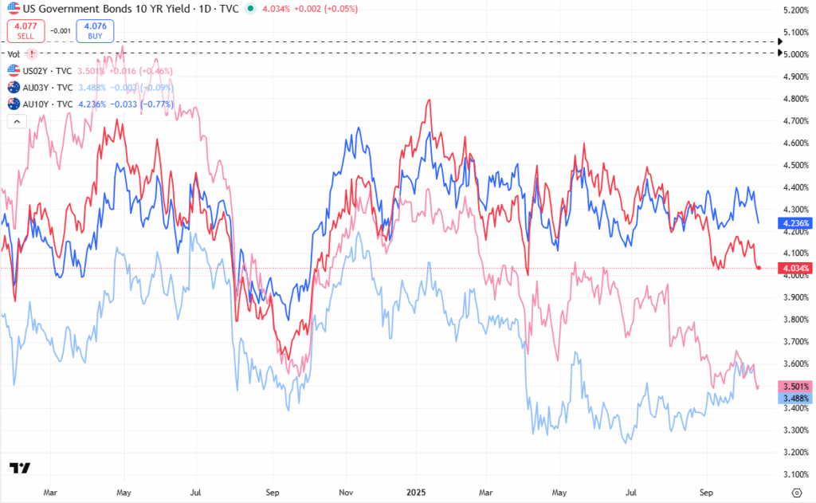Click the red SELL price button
25,30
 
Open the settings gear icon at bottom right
796,493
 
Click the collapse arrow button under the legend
16,121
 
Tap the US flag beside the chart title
13,9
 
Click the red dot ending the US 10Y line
759,268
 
